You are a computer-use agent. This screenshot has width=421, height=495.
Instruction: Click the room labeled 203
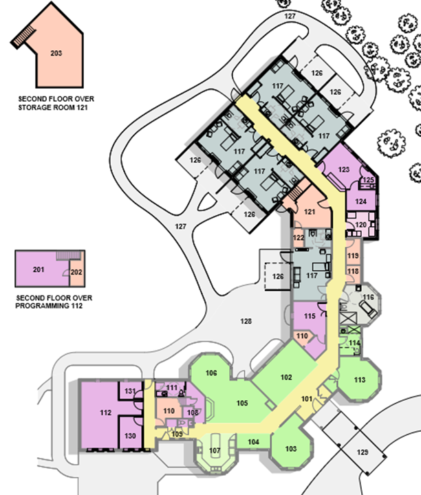tap(55, 52)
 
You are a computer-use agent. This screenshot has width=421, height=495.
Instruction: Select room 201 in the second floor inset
tap(38, 269)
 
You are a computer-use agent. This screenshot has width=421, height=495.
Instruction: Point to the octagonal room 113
tap(359, 379)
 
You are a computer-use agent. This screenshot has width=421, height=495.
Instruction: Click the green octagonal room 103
tap(290, 448)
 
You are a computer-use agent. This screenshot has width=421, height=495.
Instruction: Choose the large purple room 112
tap(105, 413)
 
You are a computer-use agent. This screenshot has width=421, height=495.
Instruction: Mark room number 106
tap(211, 373)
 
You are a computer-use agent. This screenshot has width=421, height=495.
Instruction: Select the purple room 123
tap(344, 168)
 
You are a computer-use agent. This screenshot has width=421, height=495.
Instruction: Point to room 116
tap(369, 298)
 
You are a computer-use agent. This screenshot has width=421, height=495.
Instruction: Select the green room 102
tap(286, 377)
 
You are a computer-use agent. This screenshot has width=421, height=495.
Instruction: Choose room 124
tap(360, 201)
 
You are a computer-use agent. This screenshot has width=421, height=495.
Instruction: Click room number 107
tap(214, 452)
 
